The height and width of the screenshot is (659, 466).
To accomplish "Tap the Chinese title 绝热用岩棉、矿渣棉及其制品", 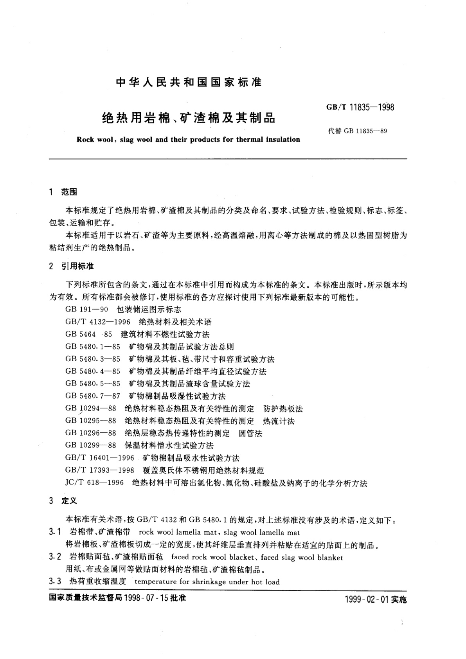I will (x=189, y=118).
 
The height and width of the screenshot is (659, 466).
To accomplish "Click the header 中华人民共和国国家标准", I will (x=189, y=83).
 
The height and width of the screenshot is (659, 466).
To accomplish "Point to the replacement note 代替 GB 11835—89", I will (x=358, y=131).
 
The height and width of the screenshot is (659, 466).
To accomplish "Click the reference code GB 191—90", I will (x=86, y=310).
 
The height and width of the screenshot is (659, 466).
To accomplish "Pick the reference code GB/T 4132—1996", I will (x=100, y=322).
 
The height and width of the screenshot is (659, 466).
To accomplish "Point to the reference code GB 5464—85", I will (x=89, y=335).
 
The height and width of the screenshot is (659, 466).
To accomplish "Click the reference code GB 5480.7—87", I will (x=93, y=396).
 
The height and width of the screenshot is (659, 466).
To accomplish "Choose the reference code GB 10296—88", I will (x=91, y=434).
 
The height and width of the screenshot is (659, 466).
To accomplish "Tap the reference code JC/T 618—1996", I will (x=95, y=483).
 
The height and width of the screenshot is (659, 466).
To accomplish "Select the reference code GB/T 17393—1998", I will (x=100, y=470).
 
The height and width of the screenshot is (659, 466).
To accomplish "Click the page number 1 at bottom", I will (x=402, y=623).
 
